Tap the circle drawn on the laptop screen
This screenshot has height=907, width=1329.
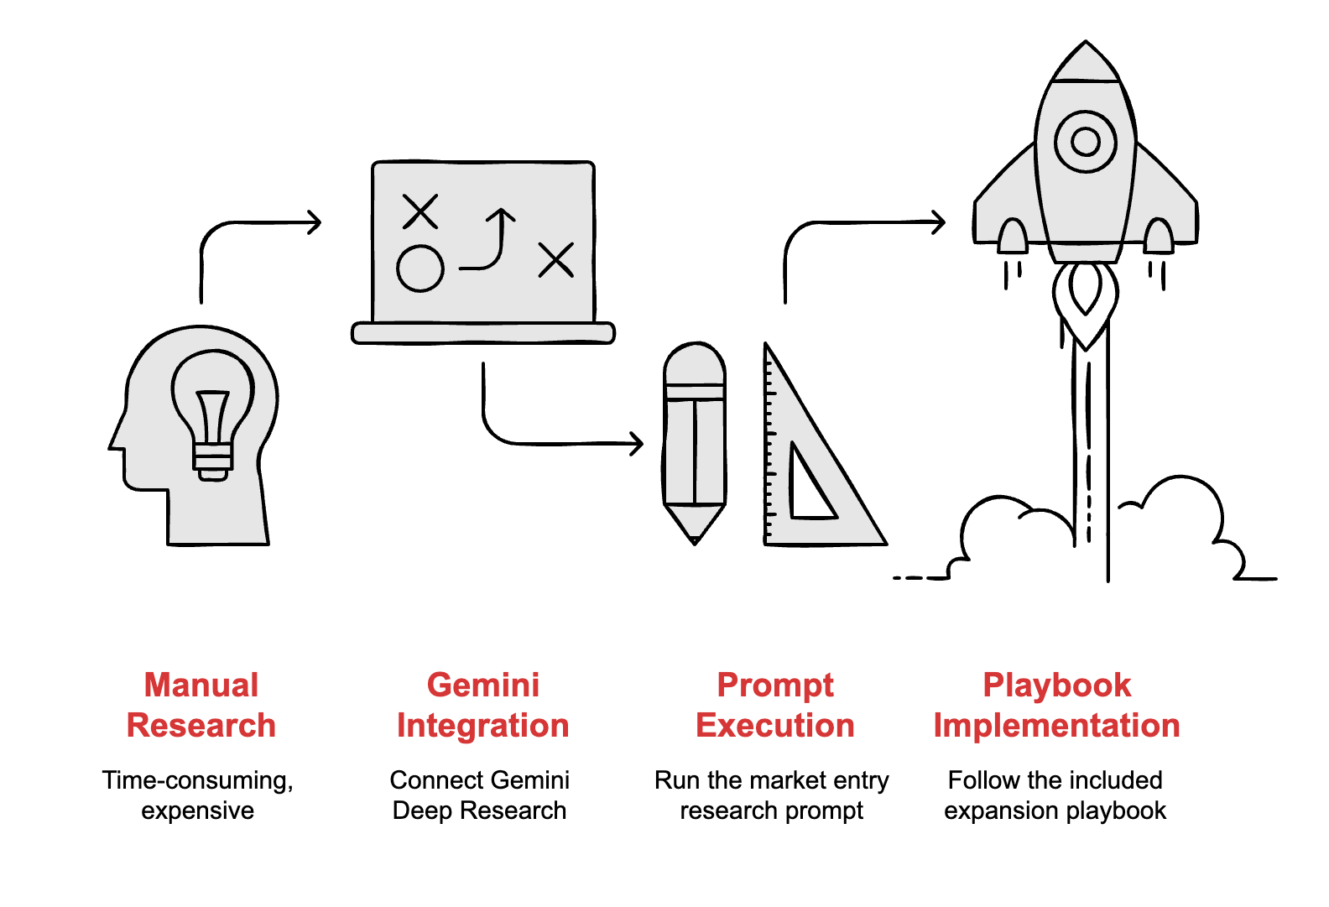420,268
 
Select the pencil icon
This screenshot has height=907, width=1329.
695,440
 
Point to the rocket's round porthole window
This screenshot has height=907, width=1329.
1086,141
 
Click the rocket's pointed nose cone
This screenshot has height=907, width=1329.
1086,63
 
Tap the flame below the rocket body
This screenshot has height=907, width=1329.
1086,298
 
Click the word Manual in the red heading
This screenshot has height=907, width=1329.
201,685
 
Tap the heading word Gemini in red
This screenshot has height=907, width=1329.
483,685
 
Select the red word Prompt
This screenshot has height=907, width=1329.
775,685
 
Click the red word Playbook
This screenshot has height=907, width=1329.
1056,685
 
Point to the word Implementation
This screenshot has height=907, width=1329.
1056,725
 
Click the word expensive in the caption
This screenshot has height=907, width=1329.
198,811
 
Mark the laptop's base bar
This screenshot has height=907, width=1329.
483,333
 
